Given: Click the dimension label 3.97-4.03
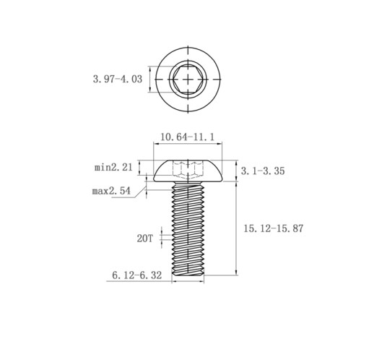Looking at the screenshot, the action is click(x=118, y=79).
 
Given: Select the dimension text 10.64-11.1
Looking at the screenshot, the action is click(x=187, y=137).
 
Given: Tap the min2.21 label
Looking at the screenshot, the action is click(x=113, y=167).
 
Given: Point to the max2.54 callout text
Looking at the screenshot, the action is click(x=111, y=191).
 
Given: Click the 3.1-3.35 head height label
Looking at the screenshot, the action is click(x=263, y=171).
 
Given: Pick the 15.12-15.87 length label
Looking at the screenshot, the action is click(x=274, y=228).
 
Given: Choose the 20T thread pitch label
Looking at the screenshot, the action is click(x=145, y=239).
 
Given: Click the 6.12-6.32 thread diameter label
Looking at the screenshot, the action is click(x=136, y=275).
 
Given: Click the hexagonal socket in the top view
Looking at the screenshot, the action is click(x=188, y=79).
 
